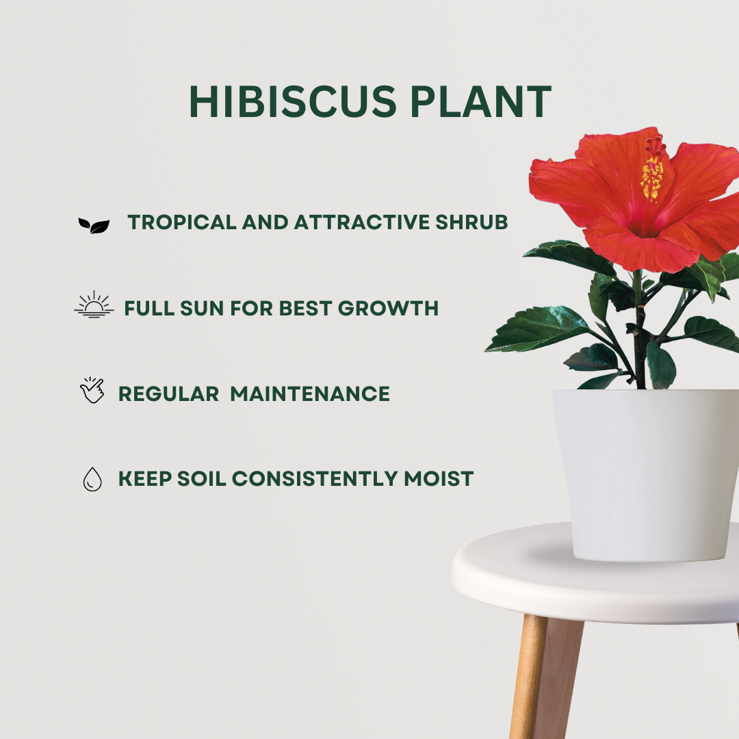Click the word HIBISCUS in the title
pyautogui.click(x=292, y=102)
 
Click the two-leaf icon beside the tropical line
pyautogui.click(x=94, y=225)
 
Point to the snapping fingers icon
pyautogui.click(x=92, y=391)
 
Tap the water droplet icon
pyautogui.click(x=92, y=479)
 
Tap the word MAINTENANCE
pyautogui.click(x=310, y=393)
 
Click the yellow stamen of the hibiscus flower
pyautogui.click(x=652, y=177)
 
